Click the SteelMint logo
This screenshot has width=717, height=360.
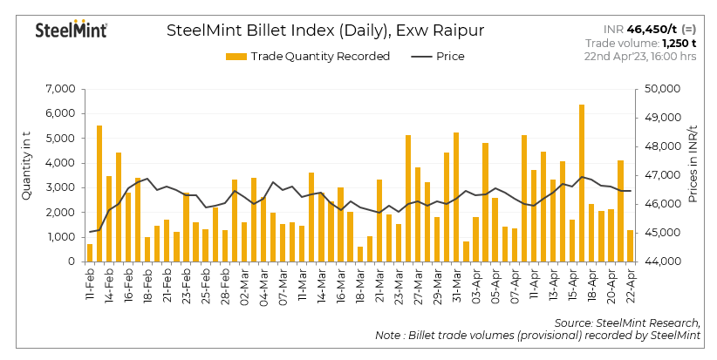point(71,31)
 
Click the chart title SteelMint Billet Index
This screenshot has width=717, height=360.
point(324,31)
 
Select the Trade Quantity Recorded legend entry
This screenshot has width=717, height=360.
point(308,57)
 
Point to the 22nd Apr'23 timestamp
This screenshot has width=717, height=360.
point(640,57)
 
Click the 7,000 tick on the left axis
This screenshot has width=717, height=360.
point(60,89)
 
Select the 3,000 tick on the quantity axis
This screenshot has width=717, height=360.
point(60,187)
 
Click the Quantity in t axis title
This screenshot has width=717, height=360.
point(26,174)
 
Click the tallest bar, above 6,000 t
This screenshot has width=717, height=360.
point(582,183)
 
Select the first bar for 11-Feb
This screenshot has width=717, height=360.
point(90,253)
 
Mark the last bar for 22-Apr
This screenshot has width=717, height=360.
point(631,246)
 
